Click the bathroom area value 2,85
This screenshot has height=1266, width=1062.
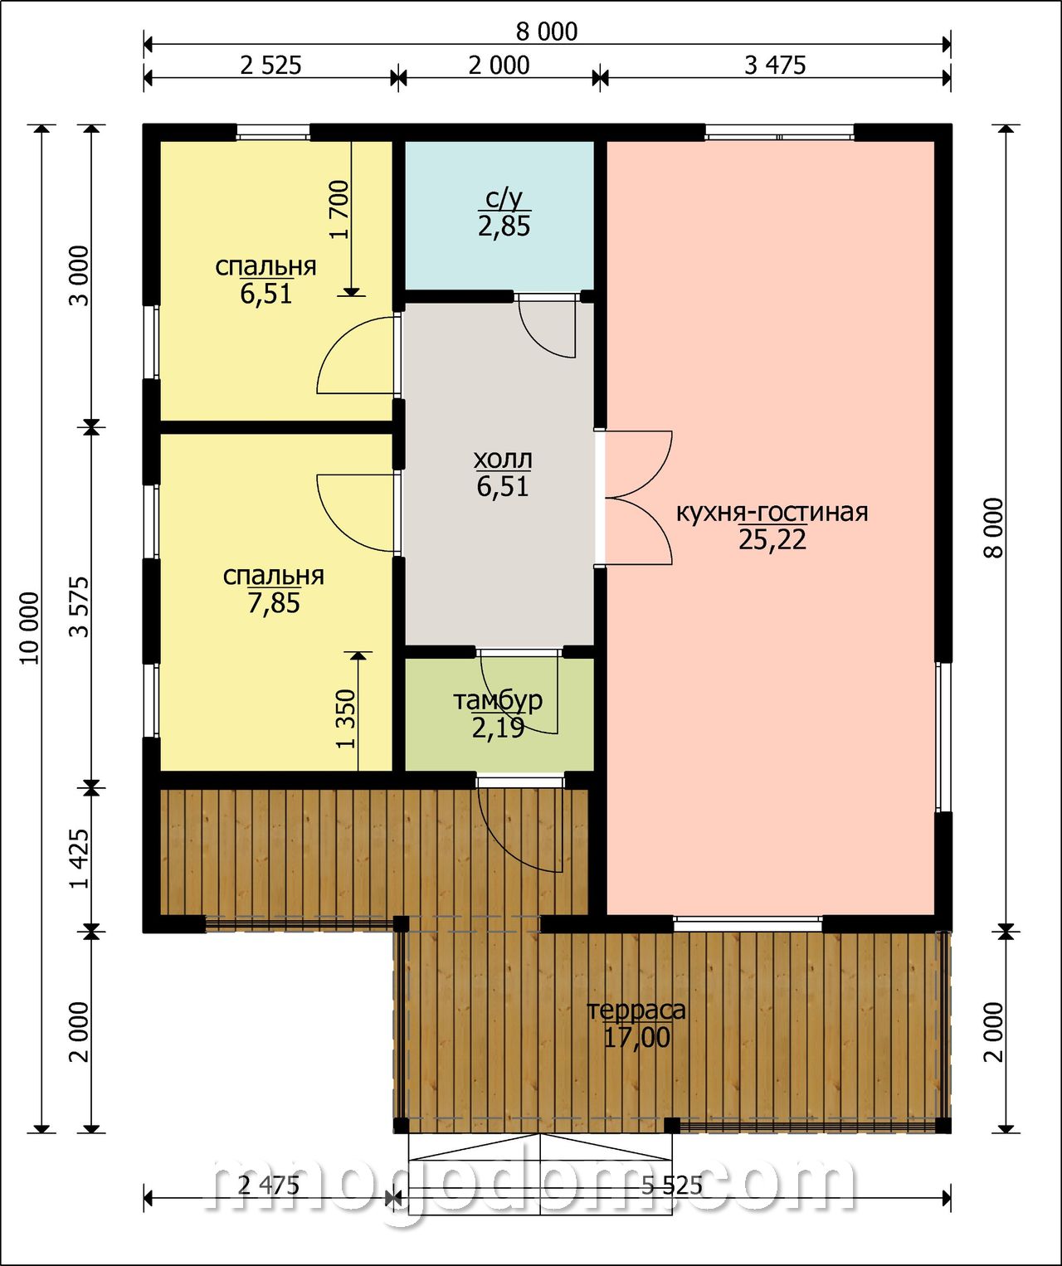pyautogui.click(x=504, y=226)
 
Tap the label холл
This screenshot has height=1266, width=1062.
pyautogui.click(x=502, y=460)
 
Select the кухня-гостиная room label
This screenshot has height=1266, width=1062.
pyautogui.click(x=772, y=513)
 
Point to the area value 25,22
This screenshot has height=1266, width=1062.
pyautogui.click(x=772, y=539)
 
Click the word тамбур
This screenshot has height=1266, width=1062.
pyautogui.click(x=498, y=701)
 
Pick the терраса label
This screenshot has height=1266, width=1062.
pyautogui.click(x=636, y=1010)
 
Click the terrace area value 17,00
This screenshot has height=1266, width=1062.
pyautogui.click(x=637, y=1037)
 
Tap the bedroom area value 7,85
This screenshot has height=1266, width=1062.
pyautogui.click(x=274, y=603)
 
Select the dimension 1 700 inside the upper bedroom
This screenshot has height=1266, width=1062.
pyautogui.click(x=341, y=210)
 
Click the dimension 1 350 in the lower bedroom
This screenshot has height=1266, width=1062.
pyautogui.click(x=346, y=718)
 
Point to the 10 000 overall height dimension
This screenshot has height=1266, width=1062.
pyautogui.click(x=29, y=628)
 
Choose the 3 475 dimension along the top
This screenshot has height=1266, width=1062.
pyautogui.click(x=775, y=66)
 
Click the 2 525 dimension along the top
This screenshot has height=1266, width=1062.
pyautogui.click(x=270, y=66)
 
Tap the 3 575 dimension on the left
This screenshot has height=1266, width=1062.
pyautogui.click(x=79, y=607)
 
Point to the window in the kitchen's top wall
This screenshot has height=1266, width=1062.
pyautogui.click(x=780, y=133)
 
